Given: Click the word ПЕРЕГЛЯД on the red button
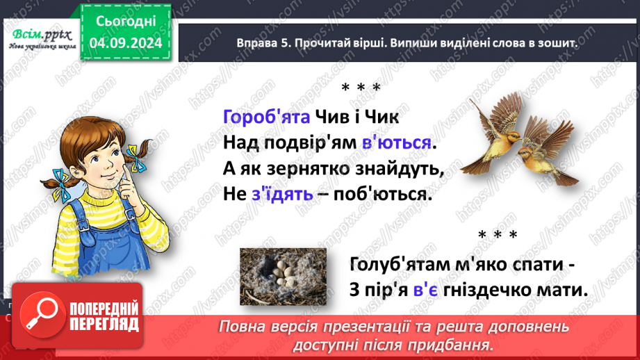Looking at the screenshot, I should tap(103, 324).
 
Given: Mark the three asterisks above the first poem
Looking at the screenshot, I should tap(361, 88).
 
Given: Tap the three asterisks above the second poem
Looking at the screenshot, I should tap(498, 235).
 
